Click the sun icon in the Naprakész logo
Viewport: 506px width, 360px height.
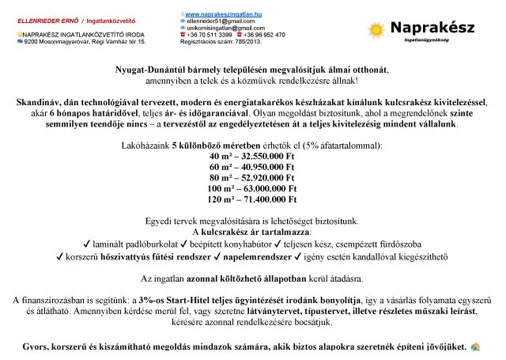376,31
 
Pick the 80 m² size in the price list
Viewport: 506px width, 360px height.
222,178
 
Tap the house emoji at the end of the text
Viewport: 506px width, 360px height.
475,347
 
